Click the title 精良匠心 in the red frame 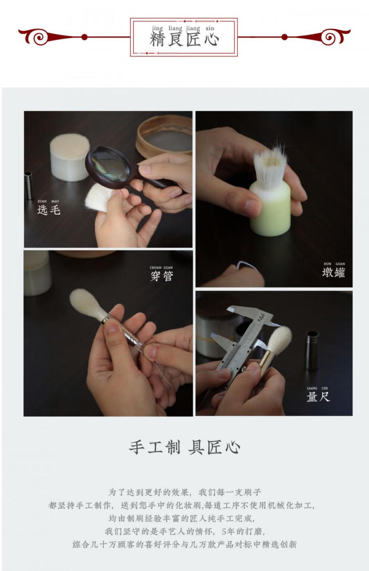click(x=184, y=40)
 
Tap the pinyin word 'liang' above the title click(x=175, y=29)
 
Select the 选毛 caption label click(x=49, y=210)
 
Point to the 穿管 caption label click(x=161, y=276)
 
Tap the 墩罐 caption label click(x=334, y=272)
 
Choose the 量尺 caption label click(x=318, y=397)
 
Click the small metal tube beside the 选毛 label click(x=28, y=185)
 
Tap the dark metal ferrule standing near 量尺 click(x=312, y=350)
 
